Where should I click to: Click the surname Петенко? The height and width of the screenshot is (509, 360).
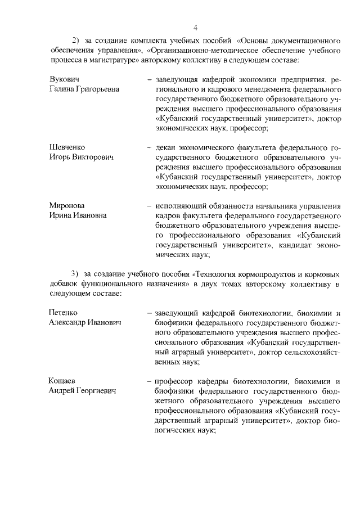(64, 312)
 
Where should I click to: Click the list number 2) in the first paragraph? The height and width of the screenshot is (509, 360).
(76, 41)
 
